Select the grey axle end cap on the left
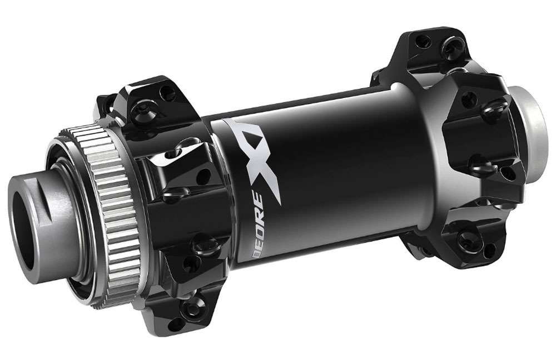point(53,206)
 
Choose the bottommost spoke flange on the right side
point(464,244)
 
